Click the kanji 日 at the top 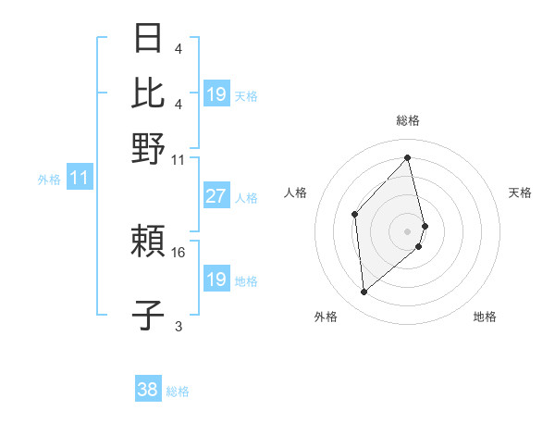149,40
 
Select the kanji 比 149,93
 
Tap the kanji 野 149,147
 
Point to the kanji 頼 149,242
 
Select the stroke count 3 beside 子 179,326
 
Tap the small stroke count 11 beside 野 179,159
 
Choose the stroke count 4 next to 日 178,49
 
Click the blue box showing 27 216,196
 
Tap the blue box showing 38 147,391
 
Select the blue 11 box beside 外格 79,179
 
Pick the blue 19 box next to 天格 216,94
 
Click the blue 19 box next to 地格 216,280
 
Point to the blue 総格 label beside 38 178,391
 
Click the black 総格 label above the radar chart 408,120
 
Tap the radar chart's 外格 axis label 326,317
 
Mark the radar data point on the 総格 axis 408,157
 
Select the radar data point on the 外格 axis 364,292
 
